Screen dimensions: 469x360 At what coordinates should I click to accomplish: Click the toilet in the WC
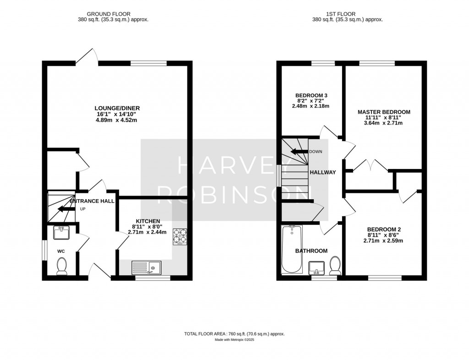(x=62, y=267)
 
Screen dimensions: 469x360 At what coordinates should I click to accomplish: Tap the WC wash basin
(x=61, y=233)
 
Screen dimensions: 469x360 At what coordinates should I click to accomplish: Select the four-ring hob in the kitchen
(x=180, y=237)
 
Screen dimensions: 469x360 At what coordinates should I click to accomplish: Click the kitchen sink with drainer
(x=146, y=267)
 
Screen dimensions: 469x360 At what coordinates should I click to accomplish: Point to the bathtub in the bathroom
(x=292, y=250)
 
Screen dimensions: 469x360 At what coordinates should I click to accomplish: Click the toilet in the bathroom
(x=335, y=266)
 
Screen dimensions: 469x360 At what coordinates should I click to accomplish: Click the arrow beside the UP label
(x=66, y=209)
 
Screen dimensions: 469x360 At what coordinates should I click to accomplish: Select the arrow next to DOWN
(x=300, y=151)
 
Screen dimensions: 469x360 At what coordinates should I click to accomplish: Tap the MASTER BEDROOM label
(x=384, y=112)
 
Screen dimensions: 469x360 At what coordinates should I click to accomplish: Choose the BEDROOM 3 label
(x=311, y=95)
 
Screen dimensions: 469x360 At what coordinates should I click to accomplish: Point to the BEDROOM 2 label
(x=384, y=229)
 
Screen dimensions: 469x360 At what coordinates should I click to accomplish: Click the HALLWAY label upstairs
(x=323, y=172)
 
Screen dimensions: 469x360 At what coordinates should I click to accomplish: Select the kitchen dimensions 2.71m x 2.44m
(x=147, y=232)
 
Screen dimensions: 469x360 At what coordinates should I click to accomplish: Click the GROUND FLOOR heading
(x=109, y=14)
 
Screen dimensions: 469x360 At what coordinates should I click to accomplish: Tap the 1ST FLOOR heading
(x=341, y=14)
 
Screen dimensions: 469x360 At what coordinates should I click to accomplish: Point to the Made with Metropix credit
(x=234, y=340)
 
